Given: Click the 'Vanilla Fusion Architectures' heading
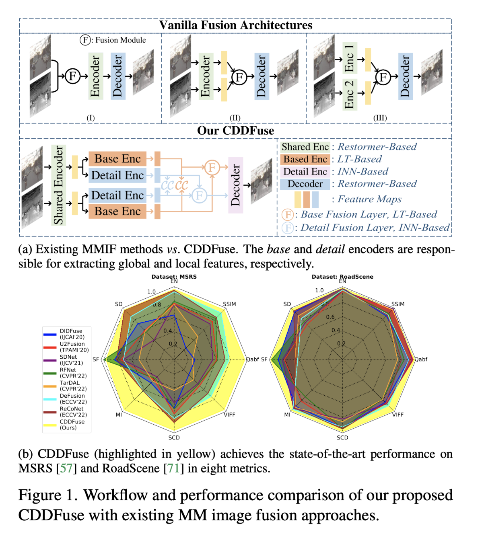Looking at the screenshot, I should click(x=235, y=25).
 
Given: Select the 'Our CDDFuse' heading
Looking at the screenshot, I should click(x=235, y=131).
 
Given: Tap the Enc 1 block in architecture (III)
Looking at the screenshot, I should click(x=349, y=58).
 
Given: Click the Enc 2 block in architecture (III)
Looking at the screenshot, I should click(x=349, y=94).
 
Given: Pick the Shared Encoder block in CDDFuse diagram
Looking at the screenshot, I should click(x=59, y=185).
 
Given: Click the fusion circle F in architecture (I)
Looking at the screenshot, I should click(x=72, y=76).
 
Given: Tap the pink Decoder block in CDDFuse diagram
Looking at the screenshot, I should click(x=235, y=185).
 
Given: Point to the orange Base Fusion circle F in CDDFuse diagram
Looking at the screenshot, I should click(x=212, y=167).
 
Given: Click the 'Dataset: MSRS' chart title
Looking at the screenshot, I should click(x=174, y=277).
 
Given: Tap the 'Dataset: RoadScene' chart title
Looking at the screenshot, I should click(x=342, y=277).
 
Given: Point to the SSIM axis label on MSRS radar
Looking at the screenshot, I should click(x=230, y=304).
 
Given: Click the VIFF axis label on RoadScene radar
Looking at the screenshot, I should click(x=398, y=415).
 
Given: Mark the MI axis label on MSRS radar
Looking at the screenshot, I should click(x=119, y=415).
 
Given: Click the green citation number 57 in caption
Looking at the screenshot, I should click(x=66, y=468).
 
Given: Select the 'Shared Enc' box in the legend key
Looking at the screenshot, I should click(x=305, y=147).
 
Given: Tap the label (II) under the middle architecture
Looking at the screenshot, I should click(x=235, y=118).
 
